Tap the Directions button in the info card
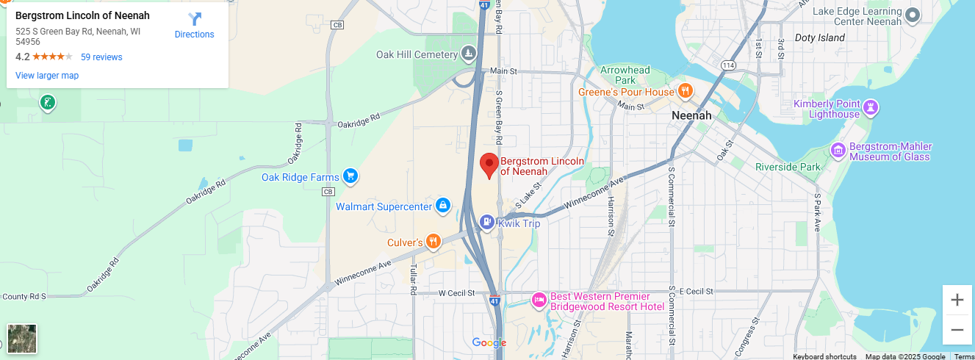(x=195, y=26)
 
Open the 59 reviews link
(x=101, y=57)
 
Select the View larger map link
(x=47, y=76)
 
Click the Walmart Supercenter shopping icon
(x=443, y=206)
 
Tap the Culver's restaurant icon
(x=433, y=242)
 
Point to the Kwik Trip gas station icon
(x=487, y=222)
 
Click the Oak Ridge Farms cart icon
(x=350, y=176)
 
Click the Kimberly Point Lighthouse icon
(x=871, y=108)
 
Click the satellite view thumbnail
(x=22, y=339)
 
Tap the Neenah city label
(x=691, y=116)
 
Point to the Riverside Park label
(x=788, y=167)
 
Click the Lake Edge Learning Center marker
(x=913, y=15)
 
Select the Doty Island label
(x=820, y=37)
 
